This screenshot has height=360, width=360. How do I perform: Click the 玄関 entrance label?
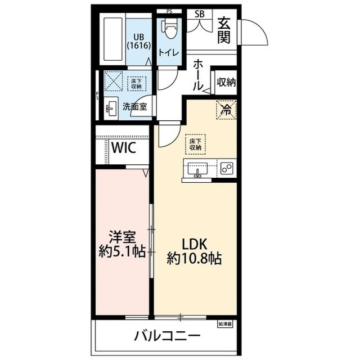[224, 30]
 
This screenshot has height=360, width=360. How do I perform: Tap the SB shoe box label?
[199, 14]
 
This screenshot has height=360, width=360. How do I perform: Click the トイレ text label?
[169, 52]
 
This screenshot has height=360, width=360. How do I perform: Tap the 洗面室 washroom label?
[135, 106]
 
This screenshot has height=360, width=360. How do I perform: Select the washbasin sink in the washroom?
[111, 106]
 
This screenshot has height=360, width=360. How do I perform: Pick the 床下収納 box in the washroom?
[136, 84]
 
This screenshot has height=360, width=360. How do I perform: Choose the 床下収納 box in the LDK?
[195, 144]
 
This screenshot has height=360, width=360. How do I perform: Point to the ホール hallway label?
[198, 75]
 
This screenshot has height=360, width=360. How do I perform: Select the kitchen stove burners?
[227, 168]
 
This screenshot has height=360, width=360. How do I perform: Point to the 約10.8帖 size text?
[194, 258]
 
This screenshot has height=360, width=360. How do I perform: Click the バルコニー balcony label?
[167, 337]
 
